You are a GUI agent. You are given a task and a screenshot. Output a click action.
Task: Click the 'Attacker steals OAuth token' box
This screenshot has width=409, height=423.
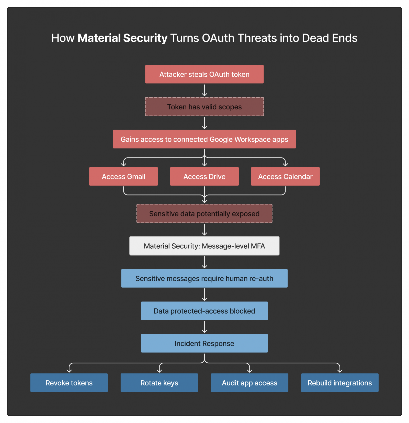[204, 74]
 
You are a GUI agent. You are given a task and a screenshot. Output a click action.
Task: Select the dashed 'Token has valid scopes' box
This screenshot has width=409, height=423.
[204, 107]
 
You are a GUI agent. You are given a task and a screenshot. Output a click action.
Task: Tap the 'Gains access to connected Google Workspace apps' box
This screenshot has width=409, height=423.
[204, 139]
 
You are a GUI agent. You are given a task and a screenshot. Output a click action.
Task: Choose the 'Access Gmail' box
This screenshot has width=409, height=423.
[123, 176]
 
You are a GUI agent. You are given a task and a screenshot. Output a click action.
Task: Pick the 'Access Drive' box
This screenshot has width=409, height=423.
[204, 176]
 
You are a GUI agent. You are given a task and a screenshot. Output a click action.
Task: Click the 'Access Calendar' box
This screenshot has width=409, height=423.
[285, 176]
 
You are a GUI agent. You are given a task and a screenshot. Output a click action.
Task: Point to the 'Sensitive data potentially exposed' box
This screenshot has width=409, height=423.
[204, 213]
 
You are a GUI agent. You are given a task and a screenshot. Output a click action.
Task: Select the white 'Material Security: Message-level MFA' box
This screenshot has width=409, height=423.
[204, 246]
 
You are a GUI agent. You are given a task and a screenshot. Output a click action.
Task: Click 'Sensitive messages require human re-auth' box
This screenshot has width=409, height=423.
[204, 278]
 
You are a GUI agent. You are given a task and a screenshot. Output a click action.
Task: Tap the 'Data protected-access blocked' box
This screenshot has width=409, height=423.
[204, 311]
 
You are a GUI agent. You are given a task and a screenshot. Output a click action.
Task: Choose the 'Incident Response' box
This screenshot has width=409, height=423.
[204, 343]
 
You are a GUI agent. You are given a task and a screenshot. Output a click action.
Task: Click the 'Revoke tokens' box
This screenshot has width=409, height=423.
[69, 382]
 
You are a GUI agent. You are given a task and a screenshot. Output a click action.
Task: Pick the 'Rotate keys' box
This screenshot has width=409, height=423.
[159, 382]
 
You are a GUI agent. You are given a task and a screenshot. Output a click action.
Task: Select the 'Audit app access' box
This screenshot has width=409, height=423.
[249, 382]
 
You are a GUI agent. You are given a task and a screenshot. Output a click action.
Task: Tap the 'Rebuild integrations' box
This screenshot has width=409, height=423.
[339, 382]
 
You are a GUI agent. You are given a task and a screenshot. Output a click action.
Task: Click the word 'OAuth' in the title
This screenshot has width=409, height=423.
[218, 38]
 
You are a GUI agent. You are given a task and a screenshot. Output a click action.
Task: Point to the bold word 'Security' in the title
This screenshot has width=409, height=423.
[145, 38]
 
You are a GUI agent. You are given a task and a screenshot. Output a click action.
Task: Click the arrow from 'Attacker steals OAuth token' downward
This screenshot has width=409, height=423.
[204, 90]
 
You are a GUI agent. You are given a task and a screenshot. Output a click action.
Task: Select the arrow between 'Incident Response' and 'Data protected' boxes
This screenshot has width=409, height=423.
[204, 327]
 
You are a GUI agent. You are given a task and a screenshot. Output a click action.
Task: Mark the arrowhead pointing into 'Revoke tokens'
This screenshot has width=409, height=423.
[69, 371]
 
